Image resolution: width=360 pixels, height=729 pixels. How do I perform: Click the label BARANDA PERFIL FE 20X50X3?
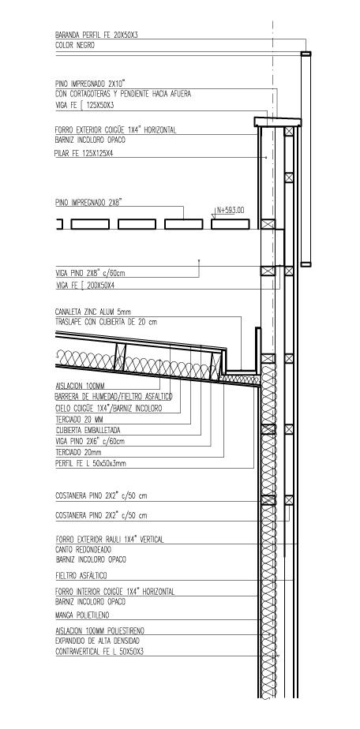[x=96, y=35]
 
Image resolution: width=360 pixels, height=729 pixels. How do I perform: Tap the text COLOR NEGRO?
[x=75, y=46]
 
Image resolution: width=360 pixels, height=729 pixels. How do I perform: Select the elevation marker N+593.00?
[x=231, y=210]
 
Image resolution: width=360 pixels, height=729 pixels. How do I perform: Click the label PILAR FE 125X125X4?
[x=84, y=152]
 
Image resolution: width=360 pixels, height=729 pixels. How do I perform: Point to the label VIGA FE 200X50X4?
[x=84, y=286]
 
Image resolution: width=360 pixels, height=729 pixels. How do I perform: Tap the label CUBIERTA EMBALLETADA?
[x=88, y=430]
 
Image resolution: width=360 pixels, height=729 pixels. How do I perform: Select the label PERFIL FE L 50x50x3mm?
[x=90, y=463]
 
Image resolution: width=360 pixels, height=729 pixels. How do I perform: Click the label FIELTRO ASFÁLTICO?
[x=81, y=576]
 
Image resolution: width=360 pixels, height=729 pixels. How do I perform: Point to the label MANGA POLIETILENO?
[x=82, y=615]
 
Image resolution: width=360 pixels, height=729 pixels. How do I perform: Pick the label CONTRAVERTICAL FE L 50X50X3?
[x=99, y=652]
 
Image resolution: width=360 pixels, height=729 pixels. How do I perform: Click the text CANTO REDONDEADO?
[x=83, y=550]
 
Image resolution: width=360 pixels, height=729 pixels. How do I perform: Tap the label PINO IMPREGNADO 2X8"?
[x=88, y=202]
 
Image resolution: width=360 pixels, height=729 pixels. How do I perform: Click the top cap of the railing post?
[x=306, y=54]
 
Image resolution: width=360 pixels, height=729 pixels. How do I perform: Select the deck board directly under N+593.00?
[x=230, y=224]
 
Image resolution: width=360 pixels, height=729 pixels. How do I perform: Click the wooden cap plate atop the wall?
[x=278, y=121]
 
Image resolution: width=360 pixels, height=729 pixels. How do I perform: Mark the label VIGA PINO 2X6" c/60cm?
[x=90, y=441]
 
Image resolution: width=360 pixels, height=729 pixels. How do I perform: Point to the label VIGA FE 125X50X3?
[x=84, y=106]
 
